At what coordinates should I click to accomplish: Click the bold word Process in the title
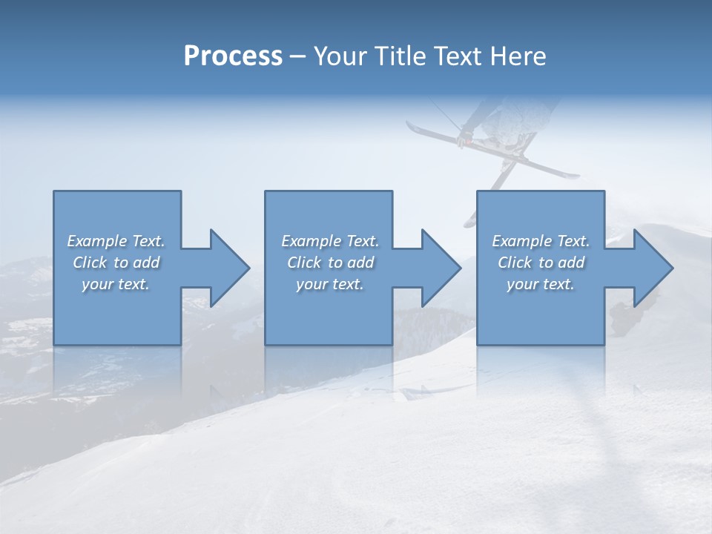click(233, 56)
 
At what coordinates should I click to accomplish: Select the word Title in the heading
click(398, 56)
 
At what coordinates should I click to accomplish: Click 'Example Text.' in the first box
click(116, 241)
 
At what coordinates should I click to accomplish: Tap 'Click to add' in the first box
click(116, 263)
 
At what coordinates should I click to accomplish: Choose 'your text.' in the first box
click(116, 284)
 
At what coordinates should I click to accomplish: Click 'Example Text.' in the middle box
click(330, 241)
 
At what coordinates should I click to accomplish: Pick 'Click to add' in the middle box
click(330, 263)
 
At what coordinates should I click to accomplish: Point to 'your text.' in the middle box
click(329, 284)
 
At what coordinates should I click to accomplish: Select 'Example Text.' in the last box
click(541, 241)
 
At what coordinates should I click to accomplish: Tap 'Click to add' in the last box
click(541, 263)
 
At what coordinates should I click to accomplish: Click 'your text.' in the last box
click(541, 284)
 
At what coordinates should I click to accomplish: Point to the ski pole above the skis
click(446, 116)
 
